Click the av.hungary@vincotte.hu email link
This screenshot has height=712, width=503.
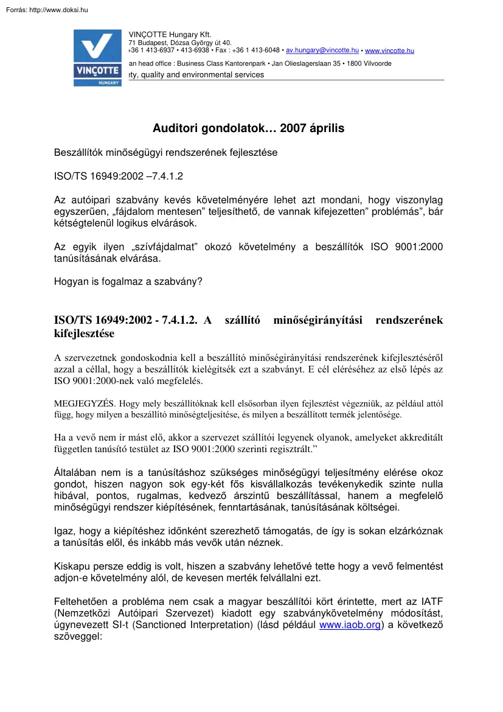pyautogui.click(x=322, y=51)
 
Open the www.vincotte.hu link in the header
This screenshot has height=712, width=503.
pyautogui.click(x=389, y=51)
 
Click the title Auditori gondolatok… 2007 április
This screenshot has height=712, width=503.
pyautogui.click(x=248, y=128)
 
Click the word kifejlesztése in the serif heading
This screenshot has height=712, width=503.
pyautogui.click(x=84, y=333)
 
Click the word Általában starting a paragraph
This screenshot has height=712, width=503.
pyautogui.click(x=76, y=472)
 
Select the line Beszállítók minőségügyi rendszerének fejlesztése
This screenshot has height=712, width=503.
pyautogui.click(x=165, y=153)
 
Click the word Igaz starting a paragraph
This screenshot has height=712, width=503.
pyautogui.click(x=66, y=531)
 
